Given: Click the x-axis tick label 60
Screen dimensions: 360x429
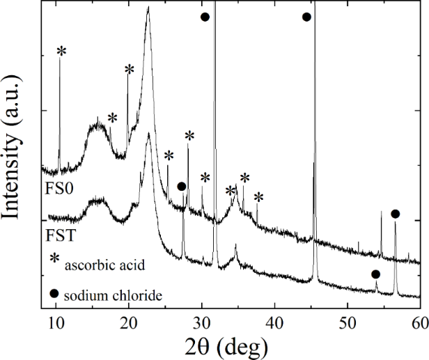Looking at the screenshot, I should (x=419, y=322).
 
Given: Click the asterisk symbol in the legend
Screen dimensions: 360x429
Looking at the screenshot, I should (x=55, y=259).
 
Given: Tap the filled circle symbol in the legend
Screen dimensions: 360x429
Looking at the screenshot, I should (x=54, y=293).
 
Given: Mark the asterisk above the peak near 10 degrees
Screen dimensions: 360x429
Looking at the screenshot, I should (x=61, y=51).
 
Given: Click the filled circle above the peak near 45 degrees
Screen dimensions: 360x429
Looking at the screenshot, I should (x=306, y=16).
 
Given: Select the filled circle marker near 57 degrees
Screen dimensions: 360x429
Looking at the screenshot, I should (x=396, y=214).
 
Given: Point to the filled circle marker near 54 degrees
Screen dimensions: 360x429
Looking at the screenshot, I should (x=375, y=274).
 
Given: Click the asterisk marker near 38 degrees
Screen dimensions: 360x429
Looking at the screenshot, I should (x=258, y=198).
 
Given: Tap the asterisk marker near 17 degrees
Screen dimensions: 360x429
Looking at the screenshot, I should (x=112, y=118).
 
